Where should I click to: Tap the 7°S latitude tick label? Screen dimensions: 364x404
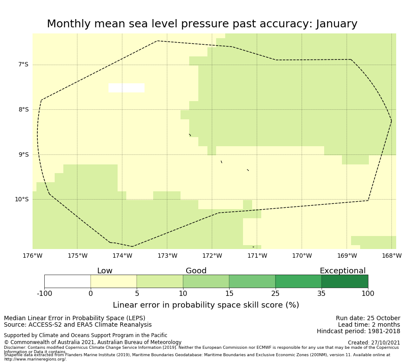23,65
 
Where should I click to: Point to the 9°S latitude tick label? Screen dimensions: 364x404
23,154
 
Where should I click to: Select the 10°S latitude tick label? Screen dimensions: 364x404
22,200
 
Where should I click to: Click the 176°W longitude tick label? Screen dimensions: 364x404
33,256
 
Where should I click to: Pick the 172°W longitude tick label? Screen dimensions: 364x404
212,256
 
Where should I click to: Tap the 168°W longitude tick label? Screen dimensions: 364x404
391,256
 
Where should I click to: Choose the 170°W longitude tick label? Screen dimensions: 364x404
302,256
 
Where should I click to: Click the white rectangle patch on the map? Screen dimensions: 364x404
126,88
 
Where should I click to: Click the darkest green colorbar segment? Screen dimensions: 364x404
345,282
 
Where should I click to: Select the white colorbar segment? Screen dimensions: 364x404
67,282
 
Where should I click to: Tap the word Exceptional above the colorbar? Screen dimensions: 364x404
342,271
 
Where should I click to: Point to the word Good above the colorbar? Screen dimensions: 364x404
196,271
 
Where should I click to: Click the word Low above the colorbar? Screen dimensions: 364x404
105,271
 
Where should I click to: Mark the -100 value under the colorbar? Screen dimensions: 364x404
44,294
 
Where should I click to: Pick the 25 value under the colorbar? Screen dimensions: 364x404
275,294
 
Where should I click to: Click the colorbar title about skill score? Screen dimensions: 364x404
206,305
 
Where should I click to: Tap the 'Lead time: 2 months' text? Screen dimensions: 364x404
369,325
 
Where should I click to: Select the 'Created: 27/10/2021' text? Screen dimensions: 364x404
374,343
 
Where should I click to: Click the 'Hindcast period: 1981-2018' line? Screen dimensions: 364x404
358,331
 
